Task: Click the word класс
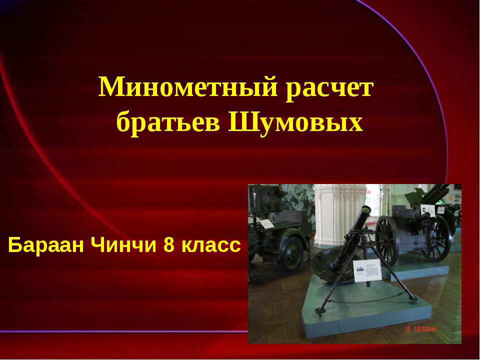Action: tap(209, 246)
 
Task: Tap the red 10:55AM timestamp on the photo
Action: tap(423, 329)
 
